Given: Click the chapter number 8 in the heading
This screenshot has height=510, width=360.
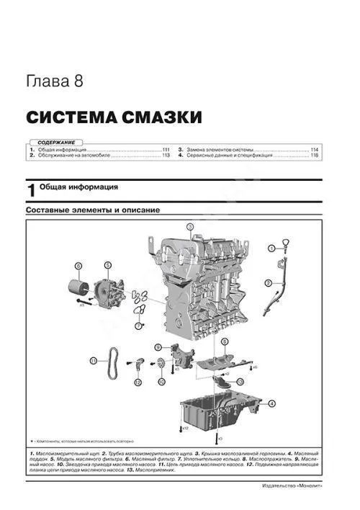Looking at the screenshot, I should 78,81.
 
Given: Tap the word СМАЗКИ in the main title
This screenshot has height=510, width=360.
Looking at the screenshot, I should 153,117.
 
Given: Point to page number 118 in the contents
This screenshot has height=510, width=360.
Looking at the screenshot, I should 315,155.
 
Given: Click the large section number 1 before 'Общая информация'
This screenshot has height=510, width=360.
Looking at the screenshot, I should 31,189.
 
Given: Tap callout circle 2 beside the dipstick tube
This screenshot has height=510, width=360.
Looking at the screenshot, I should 269,282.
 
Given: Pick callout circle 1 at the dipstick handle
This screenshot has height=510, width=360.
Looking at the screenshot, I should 271,248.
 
